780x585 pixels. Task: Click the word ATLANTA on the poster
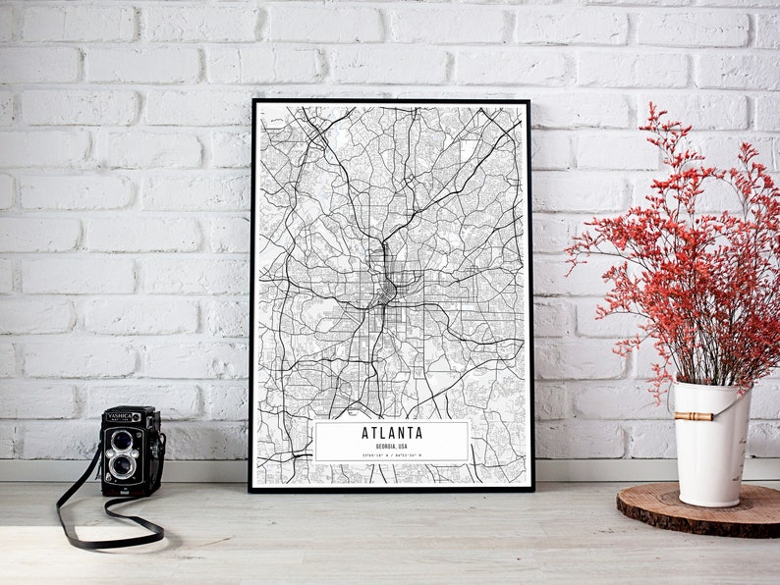pos(392,433)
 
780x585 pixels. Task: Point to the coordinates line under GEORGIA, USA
pos(392,455)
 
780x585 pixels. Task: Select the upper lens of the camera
pos(123,439)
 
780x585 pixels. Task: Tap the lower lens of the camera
pos(123,464)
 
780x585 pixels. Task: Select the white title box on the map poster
pos(392,442)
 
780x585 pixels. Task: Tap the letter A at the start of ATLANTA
pos(365,433)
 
